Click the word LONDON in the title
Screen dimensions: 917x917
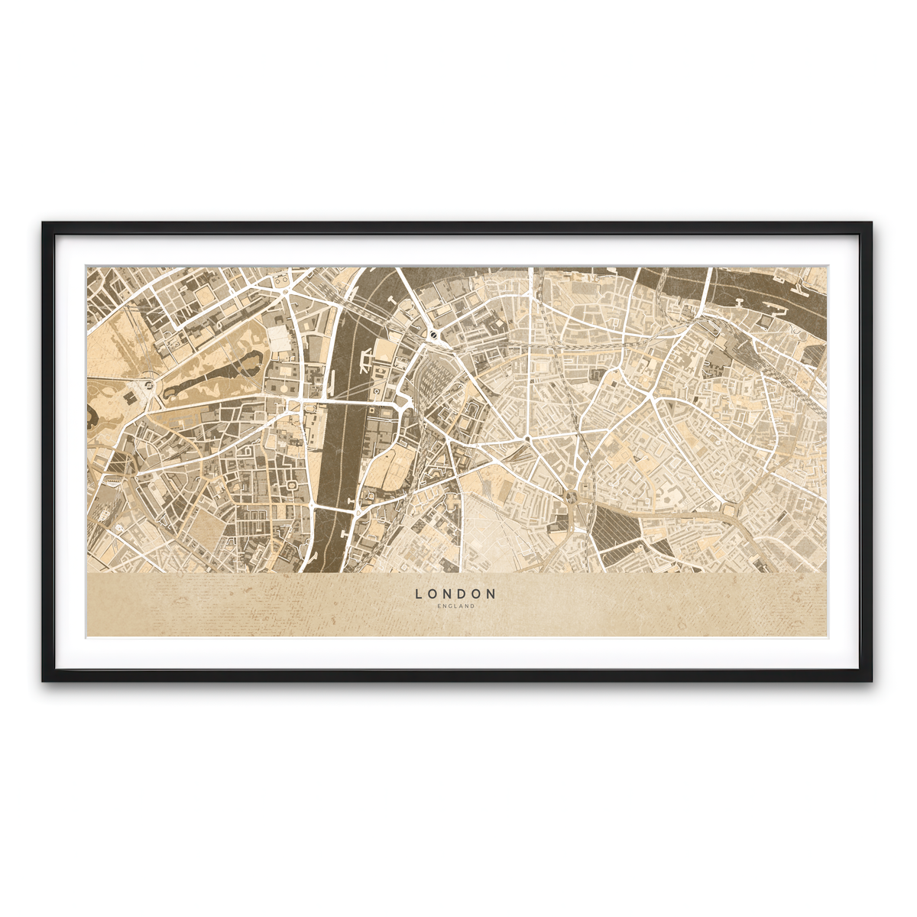click(x=456, y=593)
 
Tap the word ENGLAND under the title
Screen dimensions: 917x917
click(x=456, y=607)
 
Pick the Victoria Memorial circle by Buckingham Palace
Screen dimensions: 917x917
click(x=147, y=381)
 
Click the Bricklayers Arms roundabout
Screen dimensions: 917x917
click(x=728, y=507)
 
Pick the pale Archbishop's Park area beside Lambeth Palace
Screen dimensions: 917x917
click(x=390, y=466)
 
